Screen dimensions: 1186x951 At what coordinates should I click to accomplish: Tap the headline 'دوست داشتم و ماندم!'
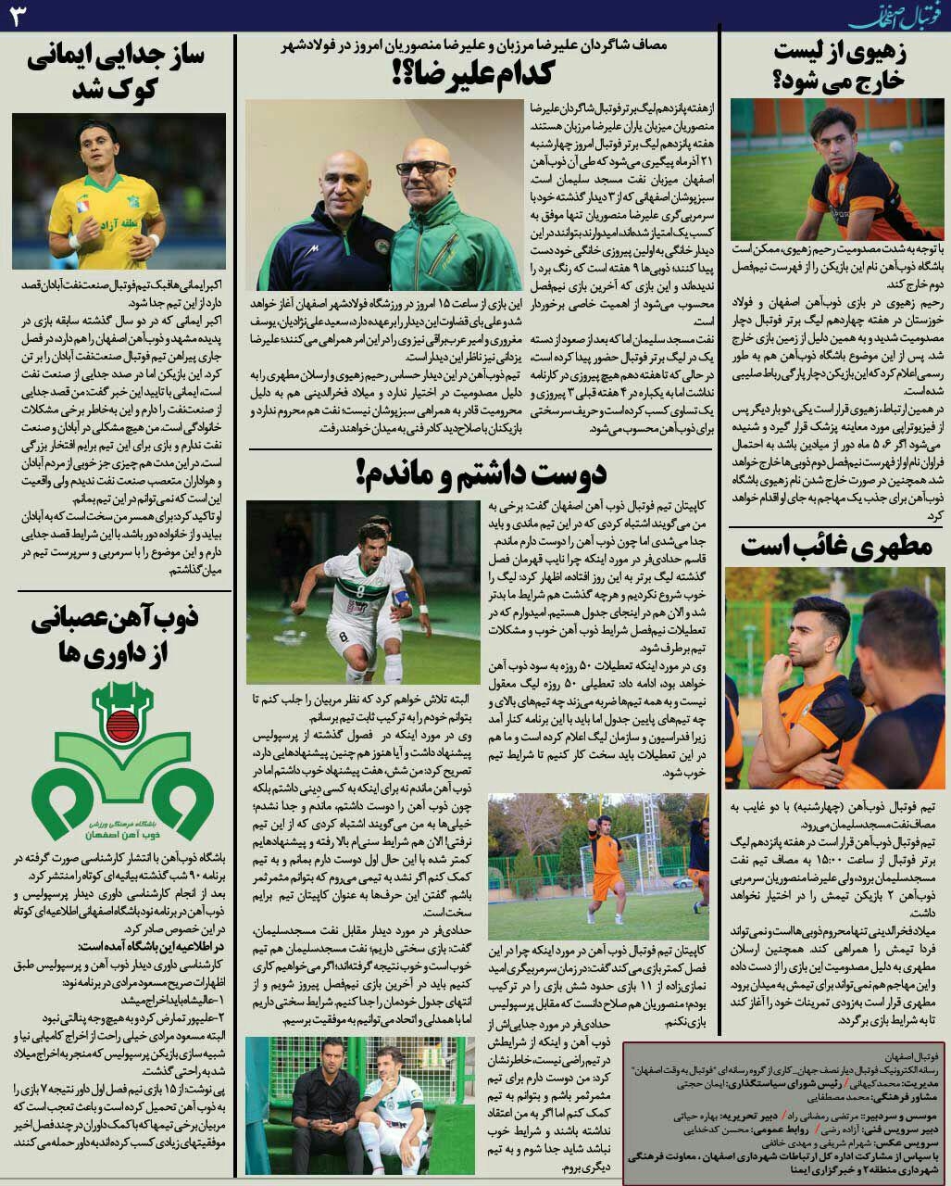tap(481, 473)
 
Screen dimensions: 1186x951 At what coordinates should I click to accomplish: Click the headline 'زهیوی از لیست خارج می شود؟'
tap(837, 67)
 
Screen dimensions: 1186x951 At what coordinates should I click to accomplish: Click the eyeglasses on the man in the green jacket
tap(423, 168)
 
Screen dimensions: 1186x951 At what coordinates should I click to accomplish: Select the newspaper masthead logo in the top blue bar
tap(895, 16)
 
